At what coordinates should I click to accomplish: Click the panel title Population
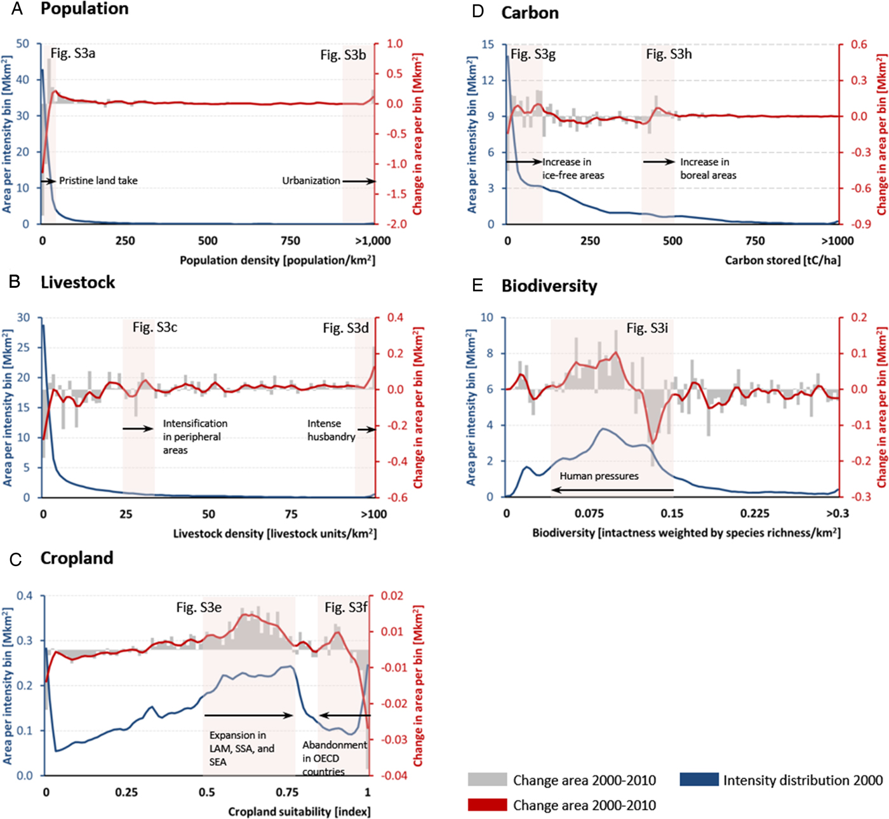coord(84,9)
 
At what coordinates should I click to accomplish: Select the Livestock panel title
coord(77,282)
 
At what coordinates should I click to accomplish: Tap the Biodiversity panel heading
coord(549,286)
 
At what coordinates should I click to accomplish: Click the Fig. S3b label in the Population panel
coord(343,55)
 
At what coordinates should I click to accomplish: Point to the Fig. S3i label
coord(647,328)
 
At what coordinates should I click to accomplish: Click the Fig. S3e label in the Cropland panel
coord(199,607)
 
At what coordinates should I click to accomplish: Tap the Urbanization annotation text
coord(311,180)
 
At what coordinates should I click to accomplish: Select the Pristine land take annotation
coord(98,180)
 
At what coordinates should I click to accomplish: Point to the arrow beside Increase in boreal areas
coord(658,162)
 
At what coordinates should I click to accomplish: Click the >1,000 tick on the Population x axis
coord(373,241)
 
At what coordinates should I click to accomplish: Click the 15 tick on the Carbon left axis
coord(488,44)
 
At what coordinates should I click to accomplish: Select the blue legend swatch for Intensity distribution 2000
coord(698,780)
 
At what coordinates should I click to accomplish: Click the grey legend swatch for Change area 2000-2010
coord(487,780)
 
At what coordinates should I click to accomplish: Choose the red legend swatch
coord(487,805)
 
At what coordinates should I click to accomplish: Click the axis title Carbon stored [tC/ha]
coord(782,260)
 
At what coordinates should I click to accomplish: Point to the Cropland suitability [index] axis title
coord(299,811)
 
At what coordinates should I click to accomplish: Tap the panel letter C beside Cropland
coord(16,559)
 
